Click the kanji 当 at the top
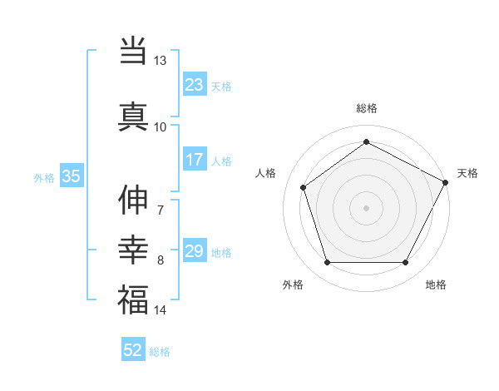click(x=133, y=52)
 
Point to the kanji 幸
click(x=133, y=250)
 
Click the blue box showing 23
click(x=195, y=85)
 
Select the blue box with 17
click(x=195, y=160)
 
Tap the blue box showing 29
click(x=195, y=251)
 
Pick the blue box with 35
click(x=72, y=176)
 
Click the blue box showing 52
click(x=133, y=350)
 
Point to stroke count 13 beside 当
click(x=161, y=61)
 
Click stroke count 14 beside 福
click(x=161, y=310)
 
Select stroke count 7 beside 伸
click(x=160, y=210)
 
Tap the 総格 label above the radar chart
click(x=366, y=108)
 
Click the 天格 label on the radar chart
click(x=467, y=173)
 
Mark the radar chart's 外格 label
click(x=293, y=285)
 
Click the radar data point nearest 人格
click(x=304, y=187)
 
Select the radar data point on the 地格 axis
click(x=405, y=263)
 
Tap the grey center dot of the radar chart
click(x=366, y=207)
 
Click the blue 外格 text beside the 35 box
click(x=44, y=177)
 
